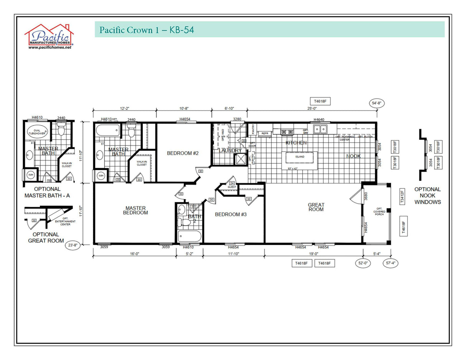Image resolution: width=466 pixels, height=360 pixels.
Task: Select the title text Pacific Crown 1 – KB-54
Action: (146, 30)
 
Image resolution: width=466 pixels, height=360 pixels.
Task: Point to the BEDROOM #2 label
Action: (183, 153)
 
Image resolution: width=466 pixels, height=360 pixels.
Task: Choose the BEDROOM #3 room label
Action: (230, 214)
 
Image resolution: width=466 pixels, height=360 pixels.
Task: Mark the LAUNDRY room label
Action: (230, 150)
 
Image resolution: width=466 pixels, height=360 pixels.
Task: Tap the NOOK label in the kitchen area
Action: (353, 156)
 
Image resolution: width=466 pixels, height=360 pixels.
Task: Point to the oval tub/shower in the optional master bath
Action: (37, 132)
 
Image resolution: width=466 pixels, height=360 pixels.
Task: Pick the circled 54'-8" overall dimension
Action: (377, 103)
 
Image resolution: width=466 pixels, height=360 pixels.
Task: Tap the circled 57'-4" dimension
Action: (391, 263)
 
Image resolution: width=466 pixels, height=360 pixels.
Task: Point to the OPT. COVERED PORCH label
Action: (379, 213)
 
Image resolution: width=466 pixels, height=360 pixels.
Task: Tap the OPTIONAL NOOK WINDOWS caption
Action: (427, 195)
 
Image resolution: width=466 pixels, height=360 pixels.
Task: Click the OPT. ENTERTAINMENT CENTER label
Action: (62, 223)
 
